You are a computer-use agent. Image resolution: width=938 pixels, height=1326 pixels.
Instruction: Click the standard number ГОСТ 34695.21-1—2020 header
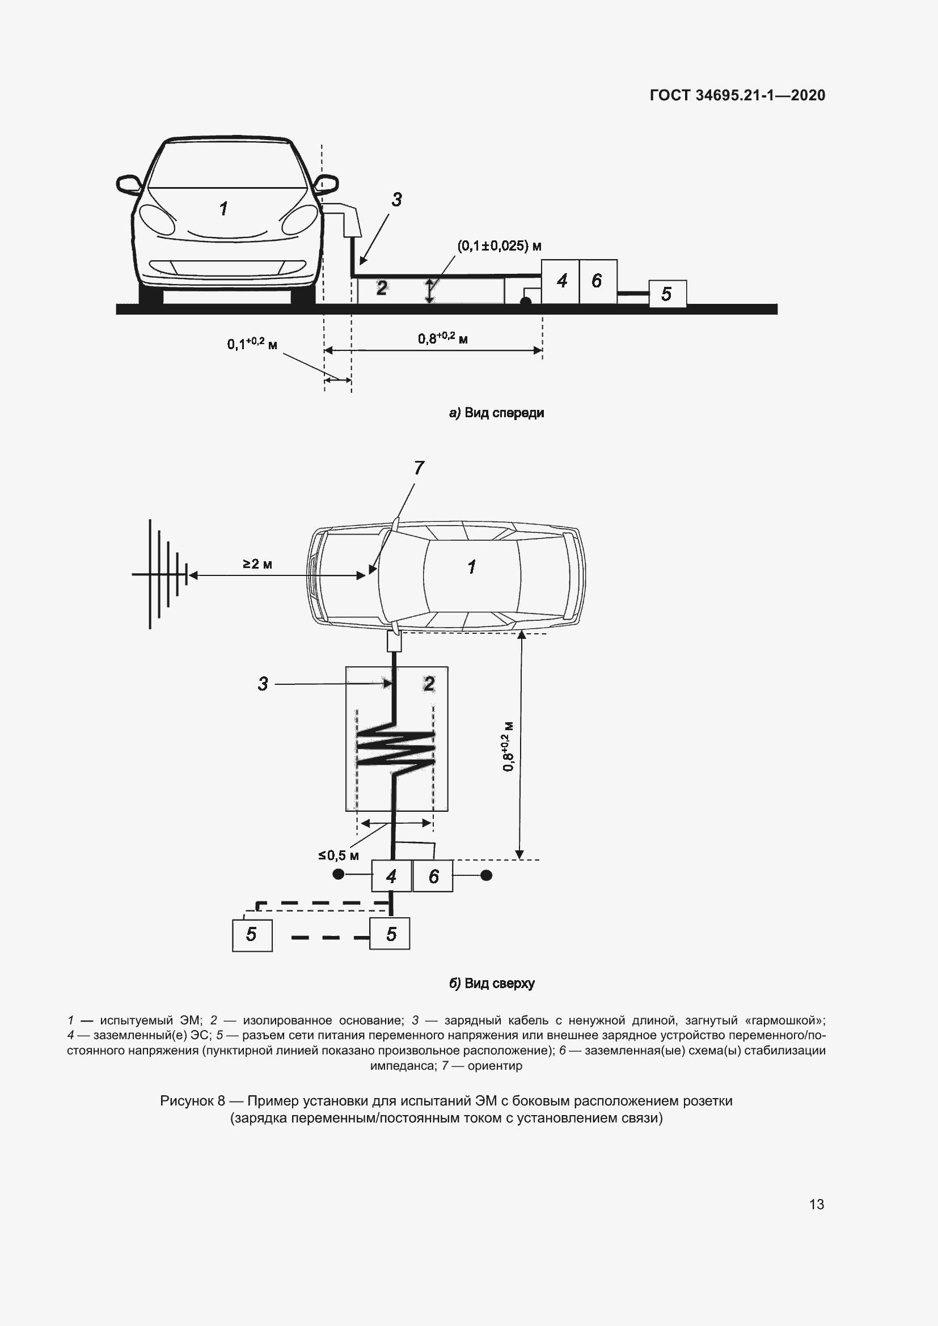738,95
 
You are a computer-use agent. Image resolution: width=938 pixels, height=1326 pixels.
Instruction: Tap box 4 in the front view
560,281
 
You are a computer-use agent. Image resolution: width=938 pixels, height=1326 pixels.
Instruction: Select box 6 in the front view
597,281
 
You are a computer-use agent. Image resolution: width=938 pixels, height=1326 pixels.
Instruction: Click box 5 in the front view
667,294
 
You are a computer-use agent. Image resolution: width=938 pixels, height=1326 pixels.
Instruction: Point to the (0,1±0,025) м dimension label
499,246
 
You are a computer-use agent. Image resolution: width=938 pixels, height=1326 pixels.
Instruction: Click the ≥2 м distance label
257,564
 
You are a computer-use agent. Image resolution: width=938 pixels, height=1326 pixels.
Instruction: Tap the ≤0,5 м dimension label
339,855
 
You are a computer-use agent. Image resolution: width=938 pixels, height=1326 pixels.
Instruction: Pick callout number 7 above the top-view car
419,468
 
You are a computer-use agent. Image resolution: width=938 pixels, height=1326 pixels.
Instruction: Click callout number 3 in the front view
396,200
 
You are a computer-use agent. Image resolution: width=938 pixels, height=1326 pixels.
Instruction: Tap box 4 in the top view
391,876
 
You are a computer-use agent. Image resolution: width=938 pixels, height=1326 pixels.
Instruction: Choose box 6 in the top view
433,876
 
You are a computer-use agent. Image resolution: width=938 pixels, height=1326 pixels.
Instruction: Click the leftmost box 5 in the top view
252,934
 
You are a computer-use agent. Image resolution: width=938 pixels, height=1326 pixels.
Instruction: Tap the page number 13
817,1204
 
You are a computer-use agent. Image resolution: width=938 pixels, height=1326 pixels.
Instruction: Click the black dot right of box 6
487,875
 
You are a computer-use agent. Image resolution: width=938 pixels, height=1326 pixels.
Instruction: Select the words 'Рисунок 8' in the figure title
192,1101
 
